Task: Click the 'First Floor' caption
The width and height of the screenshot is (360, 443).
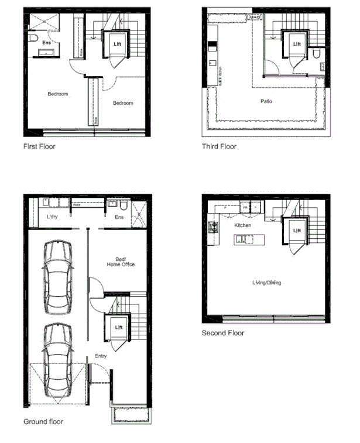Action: point(39,146)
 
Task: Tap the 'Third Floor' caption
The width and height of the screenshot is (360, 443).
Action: point(219,146)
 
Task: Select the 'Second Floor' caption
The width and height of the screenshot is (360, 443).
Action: point(223,333)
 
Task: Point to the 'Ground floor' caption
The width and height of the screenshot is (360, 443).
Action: point(43,421)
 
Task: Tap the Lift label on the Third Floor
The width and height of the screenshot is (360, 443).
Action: point(297,44)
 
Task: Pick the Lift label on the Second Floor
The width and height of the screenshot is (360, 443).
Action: point(297,231)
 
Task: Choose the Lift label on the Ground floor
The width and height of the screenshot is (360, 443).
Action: point(119,328)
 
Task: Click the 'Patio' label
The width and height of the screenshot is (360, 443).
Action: point(266,101)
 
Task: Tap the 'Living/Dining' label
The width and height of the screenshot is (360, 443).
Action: point(266,283)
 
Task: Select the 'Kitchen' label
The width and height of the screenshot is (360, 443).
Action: point(243,225)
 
